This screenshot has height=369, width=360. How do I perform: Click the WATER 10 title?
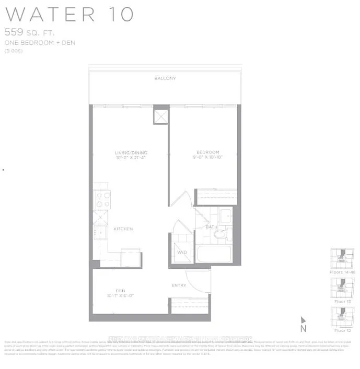[x=69, y=14]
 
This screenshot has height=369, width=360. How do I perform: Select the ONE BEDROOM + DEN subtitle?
[x=39, y=43]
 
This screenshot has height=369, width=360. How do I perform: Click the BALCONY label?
[x=165, y=78]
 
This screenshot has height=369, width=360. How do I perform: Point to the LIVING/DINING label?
[x=130, y=153]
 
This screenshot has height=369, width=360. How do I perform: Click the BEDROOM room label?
[x=204, y=152]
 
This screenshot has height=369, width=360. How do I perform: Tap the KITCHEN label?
[x=123, y=229]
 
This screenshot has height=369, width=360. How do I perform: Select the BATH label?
[x=212, y=227]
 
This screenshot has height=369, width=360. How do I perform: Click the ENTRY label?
[x=179, y=285]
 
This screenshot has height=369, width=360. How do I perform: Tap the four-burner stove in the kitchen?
[x=102, y=199]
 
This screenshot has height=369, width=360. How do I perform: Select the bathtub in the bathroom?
[x=214, y=254]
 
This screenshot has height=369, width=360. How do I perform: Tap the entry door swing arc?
[x=199, y=281]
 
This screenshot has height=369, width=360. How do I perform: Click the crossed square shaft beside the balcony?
[x=161, y=116]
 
